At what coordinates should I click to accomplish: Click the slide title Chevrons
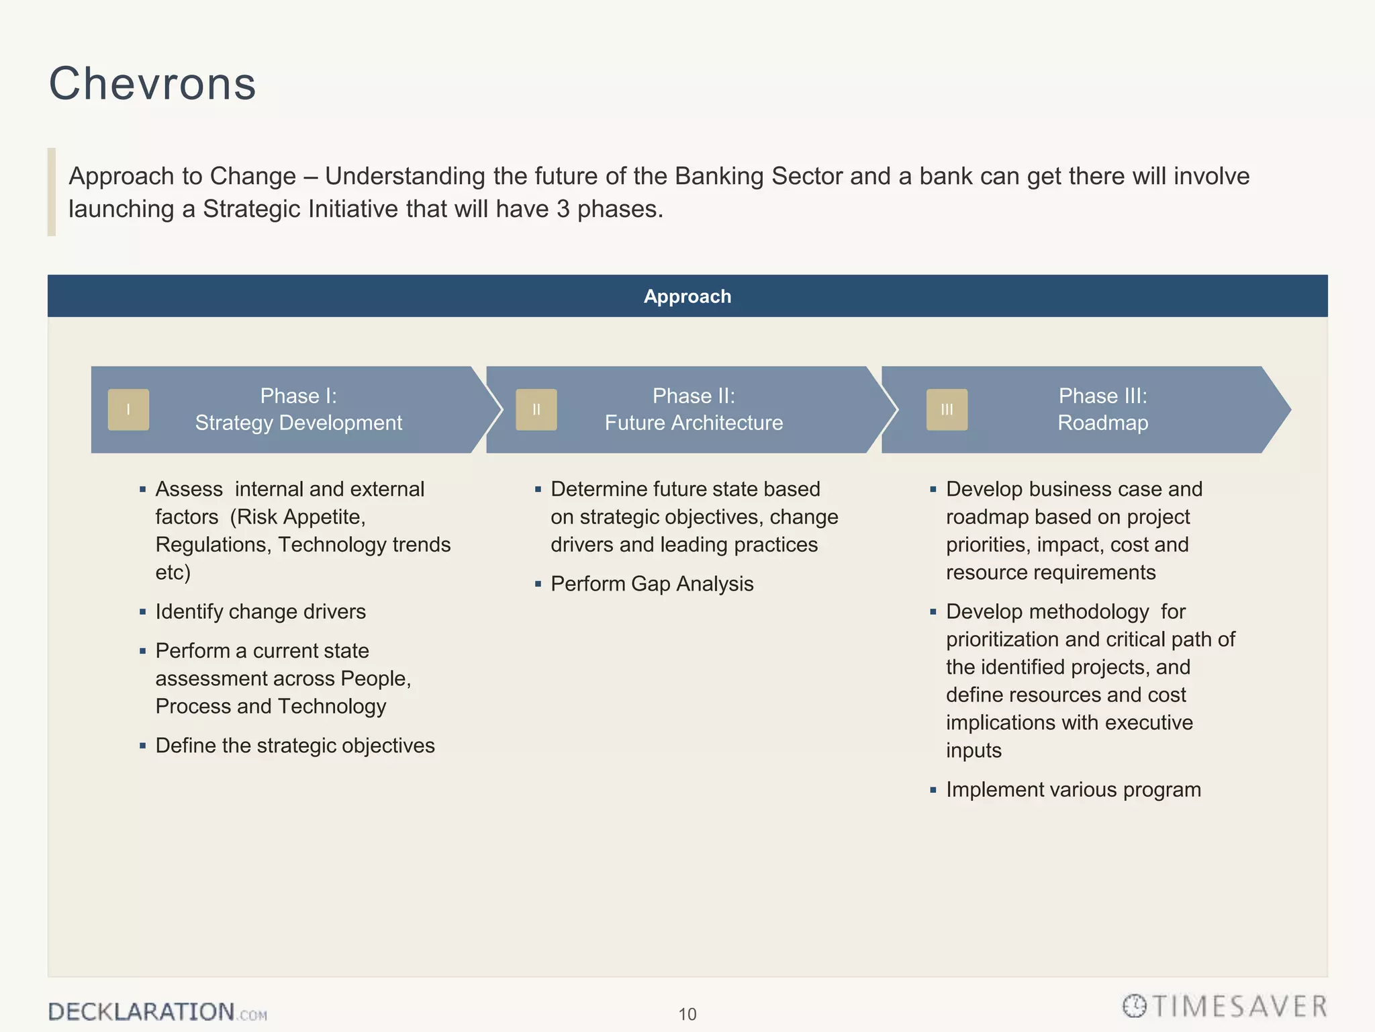coord(152,84)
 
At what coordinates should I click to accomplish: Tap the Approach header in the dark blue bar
coord(687,296)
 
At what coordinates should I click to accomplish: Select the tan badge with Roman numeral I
coord(128,410)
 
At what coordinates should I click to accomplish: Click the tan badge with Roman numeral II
coord(536,410)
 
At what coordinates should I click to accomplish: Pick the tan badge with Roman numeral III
coord(947,410)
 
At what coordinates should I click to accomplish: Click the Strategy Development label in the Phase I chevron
coord(298,423)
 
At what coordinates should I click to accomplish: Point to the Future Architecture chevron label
coord(694,423)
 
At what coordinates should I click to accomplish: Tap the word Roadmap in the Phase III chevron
coord(1102,423)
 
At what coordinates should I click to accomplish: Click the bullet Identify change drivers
coord(260,612)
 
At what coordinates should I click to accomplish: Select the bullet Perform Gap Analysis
coord(651,585)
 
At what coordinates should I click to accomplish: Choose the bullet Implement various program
coord(1073,790)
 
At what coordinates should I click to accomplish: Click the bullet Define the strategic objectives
coord(295,746)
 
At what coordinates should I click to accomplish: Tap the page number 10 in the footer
coord(687,1015)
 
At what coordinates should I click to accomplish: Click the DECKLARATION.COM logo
coord(157,1012)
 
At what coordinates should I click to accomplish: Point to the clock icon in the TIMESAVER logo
coord(1135,1006)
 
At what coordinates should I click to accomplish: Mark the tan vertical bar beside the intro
coord(52,192)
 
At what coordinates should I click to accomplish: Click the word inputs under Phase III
coord(974,750)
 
